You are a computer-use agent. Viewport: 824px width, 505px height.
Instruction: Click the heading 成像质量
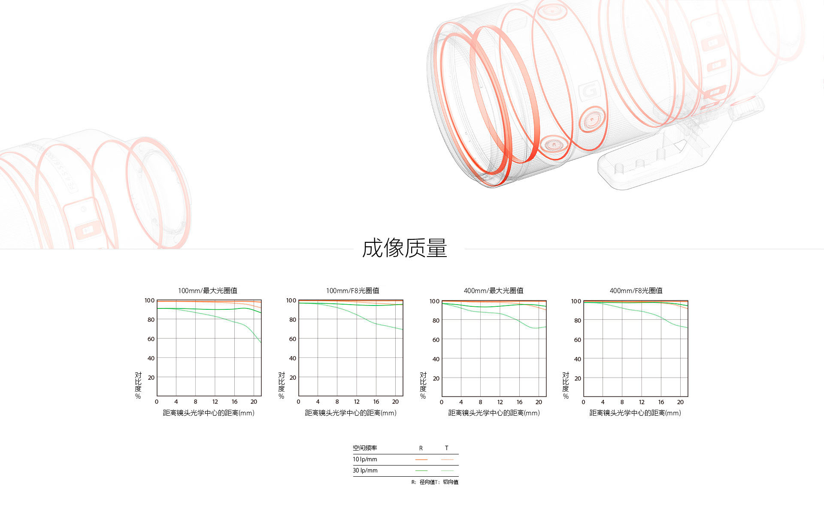coord(404,248)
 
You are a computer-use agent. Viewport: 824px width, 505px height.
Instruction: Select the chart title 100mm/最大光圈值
coord(208,290)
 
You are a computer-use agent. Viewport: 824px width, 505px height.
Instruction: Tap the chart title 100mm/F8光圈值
coord(353,290)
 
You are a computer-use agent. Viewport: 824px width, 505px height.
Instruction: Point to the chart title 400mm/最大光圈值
coord(494,290)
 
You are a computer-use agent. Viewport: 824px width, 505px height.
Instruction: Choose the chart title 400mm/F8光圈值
coord(636,290)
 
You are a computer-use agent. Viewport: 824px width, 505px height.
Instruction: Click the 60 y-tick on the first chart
coord(151,339)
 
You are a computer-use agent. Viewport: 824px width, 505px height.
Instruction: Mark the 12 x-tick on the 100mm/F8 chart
coord(357,402)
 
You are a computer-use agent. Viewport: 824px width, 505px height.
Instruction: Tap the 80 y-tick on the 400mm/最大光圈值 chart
coord(436,321)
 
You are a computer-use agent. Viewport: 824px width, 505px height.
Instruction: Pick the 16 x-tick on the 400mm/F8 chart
coord(661,402)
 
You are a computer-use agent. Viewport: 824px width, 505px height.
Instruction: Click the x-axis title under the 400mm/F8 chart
coord(635,413)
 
